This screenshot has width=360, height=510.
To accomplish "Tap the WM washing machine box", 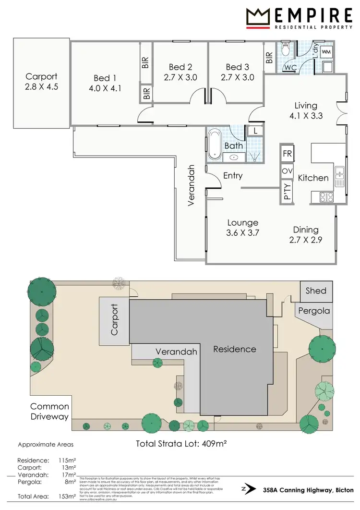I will click(x=326, y=51).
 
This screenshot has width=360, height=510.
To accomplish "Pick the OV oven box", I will click(x=287, y=171).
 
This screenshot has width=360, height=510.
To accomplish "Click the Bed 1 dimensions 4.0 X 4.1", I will click(x=105, y=88).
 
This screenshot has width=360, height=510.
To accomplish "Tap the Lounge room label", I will click(x=243, y=223).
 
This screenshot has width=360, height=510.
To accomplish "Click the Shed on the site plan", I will click(x=316, y=291).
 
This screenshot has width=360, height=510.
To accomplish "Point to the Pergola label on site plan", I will click(x=314, y=311).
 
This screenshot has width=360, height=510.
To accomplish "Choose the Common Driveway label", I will click(x=50, y=412).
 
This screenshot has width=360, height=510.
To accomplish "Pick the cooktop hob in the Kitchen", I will click(x=326, y=196).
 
